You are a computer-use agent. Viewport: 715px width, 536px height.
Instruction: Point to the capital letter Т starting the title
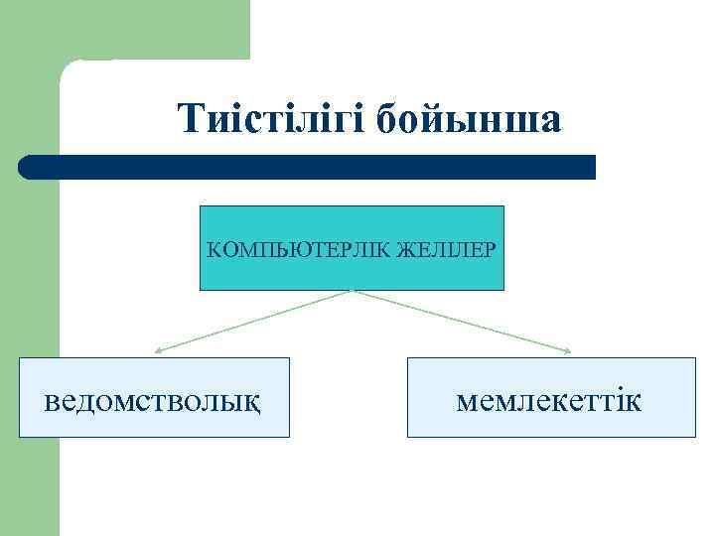(191, 119)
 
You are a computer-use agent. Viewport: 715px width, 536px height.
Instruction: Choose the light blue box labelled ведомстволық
(154, 397)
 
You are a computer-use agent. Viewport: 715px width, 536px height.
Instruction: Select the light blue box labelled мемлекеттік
(551, 397)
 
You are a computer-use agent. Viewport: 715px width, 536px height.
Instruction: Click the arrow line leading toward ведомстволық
(253, 321)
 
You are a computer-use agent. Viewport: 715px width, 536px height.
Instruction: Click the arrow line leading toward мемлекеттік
(462, 321)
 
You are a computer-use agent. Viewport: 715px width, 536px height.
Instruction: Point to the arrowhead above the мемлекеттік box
(567, 350)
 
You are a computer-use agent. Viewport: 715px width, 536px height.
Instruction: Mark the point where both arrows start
(353, 291)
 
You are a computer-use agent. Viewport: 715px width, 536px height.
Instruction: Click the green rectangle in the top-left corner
(124, 28)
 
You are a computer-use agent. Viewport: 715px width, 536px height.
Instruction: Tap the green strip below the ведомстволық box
(30, 486)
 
